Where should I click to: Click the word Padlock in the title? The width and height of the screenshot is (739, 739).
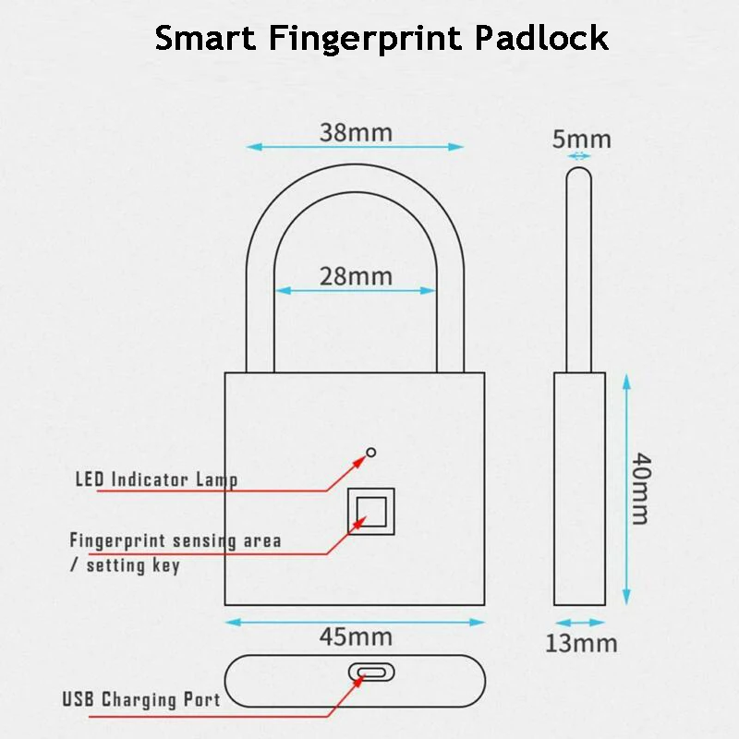pyautogui.click(x=542, y=38)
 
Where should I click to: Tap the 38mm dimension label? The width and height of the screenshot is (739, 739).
pyautogui.click(x=356, y=132)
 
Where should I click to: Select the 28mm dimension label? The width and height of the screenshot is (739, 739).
pyautogui.click(x=356, y=275)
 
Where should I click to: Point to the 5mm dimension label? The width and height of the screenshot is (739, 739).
pyautogui.click(x=581, y=139)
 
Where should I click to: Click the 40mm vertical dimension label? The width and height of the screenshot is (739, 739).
pyautogui.click(x=640, y=488)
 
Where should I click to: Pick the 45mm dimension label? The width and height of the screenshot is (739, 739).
pyautogui.click(x=356, y=636)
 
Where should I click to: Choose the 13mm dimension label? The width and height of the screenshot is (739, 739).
pyautogui.click(x=580, y=643)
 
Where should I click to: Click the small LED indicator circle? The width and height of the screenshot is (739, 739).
pyautogui.click(x=371, y=452)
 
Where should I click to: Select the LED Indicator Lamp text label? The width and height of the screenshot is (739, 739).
pyautogui.click(x=156, y=479)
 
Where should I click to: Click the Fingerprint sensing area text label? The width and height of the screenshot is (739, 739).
pyautogui.click(x=175, y=540)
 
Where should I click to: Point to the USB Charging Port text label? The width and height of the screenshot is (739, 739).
pyautogui.click(x=141, y=699)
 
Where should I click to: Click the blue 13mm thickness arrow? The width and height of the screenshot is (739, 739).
pyautogui.click(x=579, y=623)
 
